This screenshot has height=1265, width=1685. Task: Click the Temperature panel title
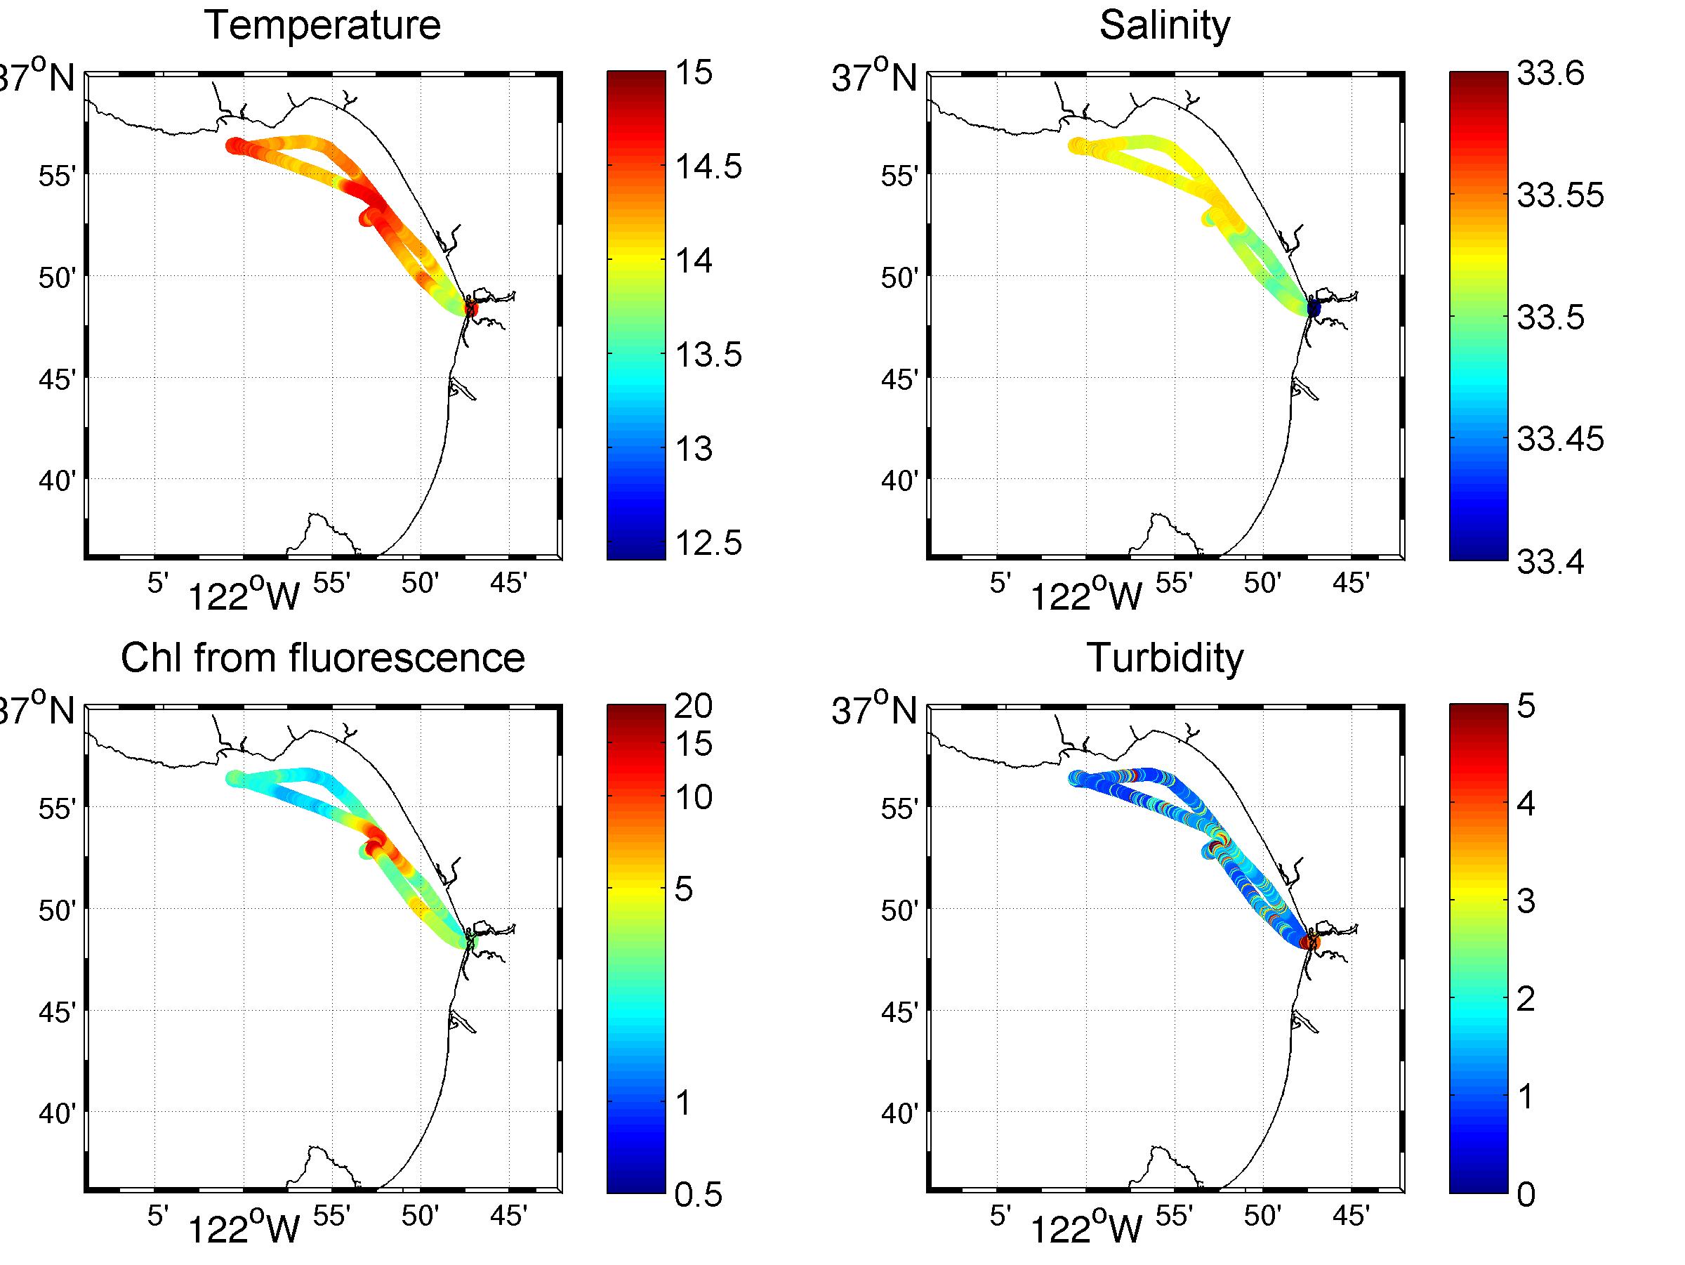[x=322, y=25]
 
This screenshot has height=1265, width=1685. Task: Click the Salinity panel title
[x=1164, y=25]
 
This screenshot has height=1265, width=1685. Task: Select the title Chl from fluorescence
[x=322, y=657]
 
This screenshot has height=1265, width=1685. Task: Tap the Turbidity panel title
[x=1164, y=657]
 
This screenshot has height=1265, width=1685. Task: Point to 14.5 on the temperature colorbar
[x=708, y=166]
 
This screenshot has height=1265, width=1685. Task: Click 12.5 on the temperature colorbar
[x=708, y=544]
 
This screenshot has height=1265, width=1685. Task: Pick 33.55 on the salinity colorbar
[x=1560, y=195]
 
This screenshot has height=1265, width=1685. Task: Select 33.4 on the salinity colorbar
[x=1550, y=562]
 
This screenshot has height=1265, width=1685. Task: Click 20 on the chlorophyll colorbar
[x=693, y=707]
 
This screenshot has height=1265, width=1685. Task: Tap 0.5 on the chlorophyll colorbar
[x=698, y=1195]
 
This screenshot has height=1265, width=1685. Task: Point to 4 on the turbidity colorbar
[x=1526, y=804]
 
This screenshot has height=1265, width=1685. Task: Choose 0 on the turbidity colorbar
[x=1526, y=1195]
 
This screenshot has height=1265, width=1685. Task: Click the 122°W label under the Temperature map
[x=244, y=597]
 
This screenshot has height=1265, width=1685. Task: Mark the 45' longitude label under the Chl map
[x=508, y=1217]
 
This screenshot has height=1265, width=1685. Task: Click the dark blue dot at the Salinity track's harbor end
[x=1314, y=308]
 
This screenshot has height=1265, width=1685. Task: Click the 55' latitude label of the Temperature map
[x=57, y=176]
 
